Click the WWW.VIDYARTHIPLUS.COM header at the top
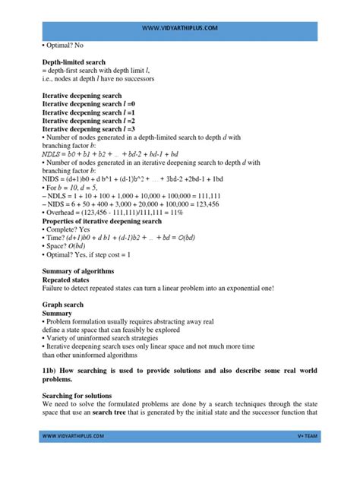[180, 28]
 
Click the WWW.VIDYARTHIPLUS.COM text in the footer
[73, 458]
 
